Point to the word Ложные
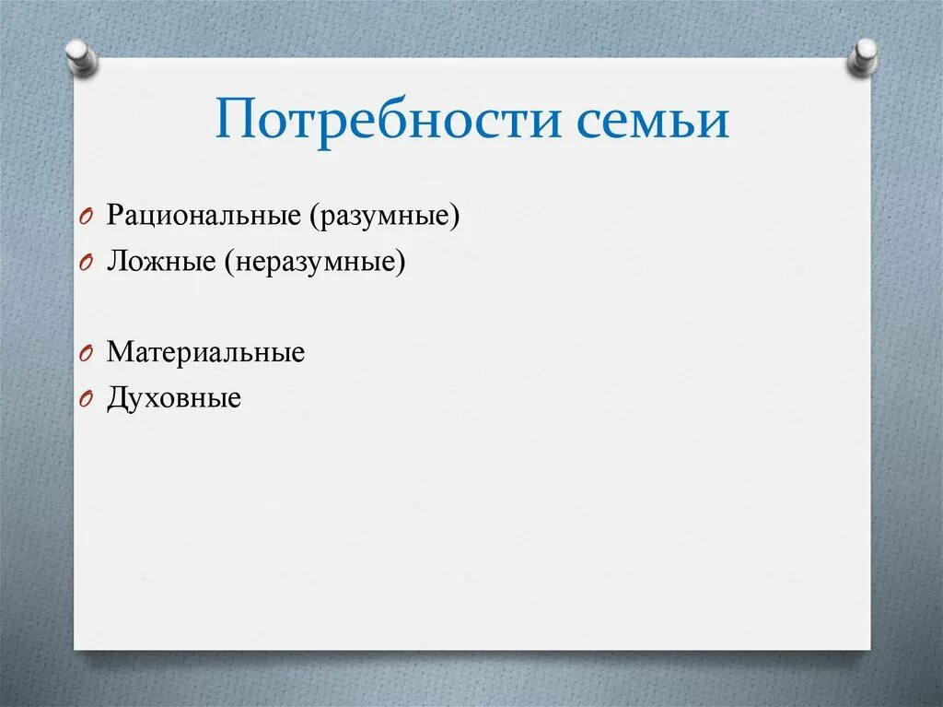pyautogui.click(x=160, y=263)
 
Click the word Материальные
pyautogui.click(x=204, y=352)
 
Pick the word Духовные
pyautogui.click(x=173, y=398)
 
